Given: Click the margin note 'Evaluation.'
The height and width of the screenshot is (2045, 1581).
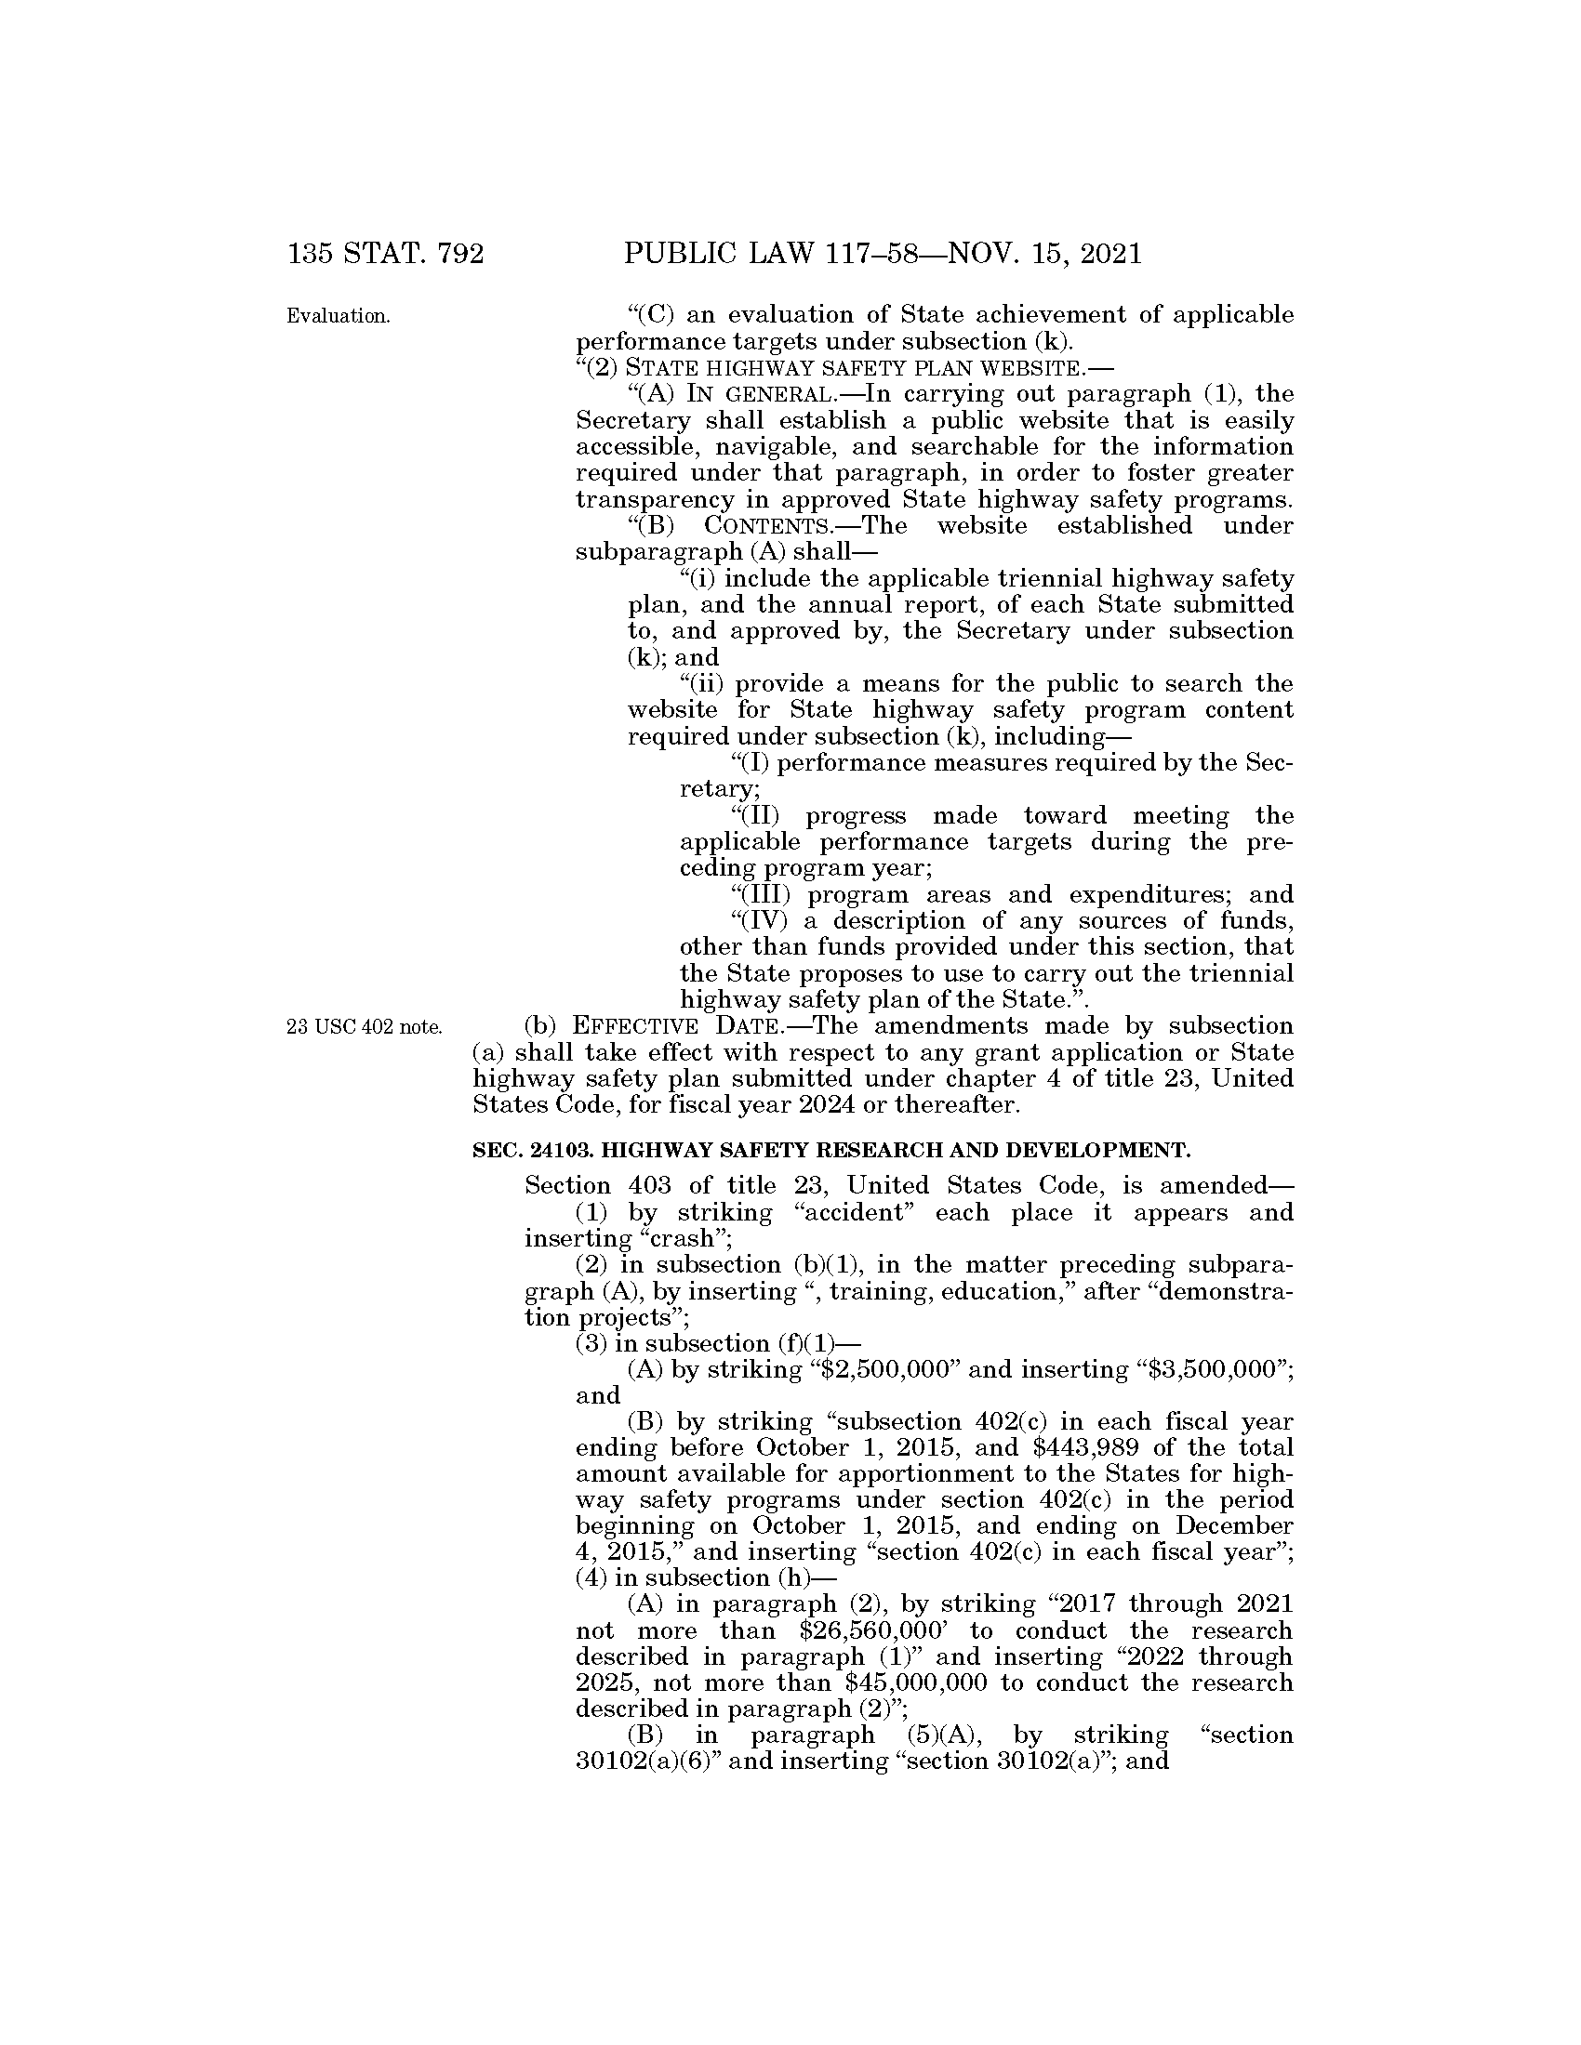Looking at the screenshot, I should (339, 315).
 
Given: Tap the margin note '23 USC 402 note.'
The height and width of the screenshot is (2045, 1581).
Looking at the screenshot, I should (365, 1027).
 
